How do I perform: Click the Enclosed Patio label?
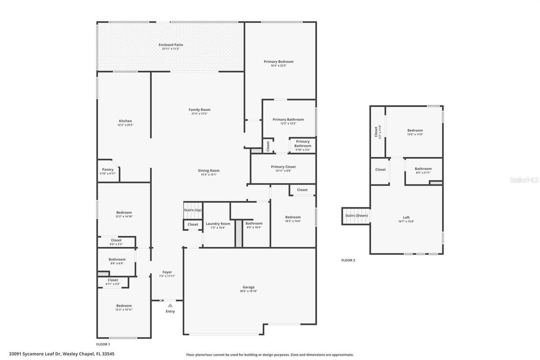tap(170, 45)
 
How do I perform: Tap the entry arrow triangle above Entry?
tap(170, 305)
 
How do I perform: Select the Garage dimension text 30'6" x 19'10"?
tap(248, 291)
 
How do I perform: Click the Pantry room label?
tap(108, 170)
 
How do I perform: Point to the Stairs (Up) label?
tap(193, 210)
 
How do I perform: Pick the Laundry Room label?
tap(218, 224)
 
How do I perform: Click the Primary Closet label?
tap(283, 167)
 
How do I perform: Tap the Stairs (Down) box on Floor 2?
tap(356, 216)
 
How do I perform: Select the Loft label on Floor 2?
tap(406, 218)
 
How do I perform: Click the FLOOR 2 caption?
tap(348, 260)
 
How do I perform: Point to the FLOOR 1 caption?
tap(103, 345)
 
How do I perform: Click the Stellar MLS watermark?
tap(524, 180)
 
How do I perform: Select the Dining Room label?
tap(209, 171)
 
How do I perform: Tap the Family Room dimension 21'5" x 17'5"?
tap(199, 114)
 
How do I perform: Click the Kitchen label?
tap(125, 121)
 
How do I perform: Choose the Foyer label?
tap(167, 272)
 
